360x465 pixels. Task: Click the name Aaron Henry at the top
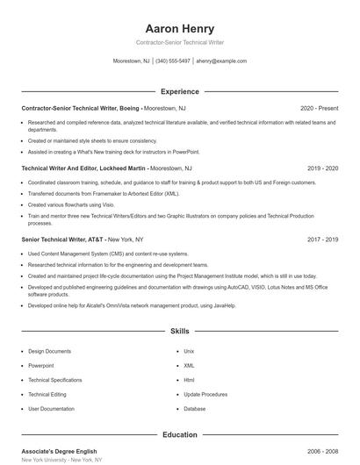(179, 28)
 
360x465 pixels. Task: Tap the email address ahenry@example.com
(221, 61)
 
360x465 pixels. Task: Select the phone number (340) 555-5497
(173, 61)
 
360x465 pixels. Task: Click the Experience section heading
(179, 91)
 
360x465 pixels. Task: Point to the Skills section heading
(179, 332)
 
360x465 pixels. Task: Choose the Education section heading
(179, 434)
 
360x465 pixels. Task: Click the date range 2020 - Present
(318, 108)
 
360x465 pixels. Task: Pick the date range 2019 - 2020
(322, 168)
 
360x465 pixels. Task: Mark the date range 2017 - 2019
(322, 239)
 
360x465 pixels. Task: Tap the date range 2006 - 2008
(322, 451)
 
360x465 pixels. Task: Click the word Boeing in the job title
(127, 108)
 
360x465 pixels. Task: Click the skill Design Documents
(50, 351)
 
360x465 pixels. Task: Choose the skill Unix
(189, 351)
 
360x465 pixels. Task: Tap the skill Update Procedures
(205, 394)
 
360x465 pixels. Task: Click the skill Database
(195, 409)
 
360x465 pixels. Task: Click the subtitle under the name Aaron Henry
(179, 42)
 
